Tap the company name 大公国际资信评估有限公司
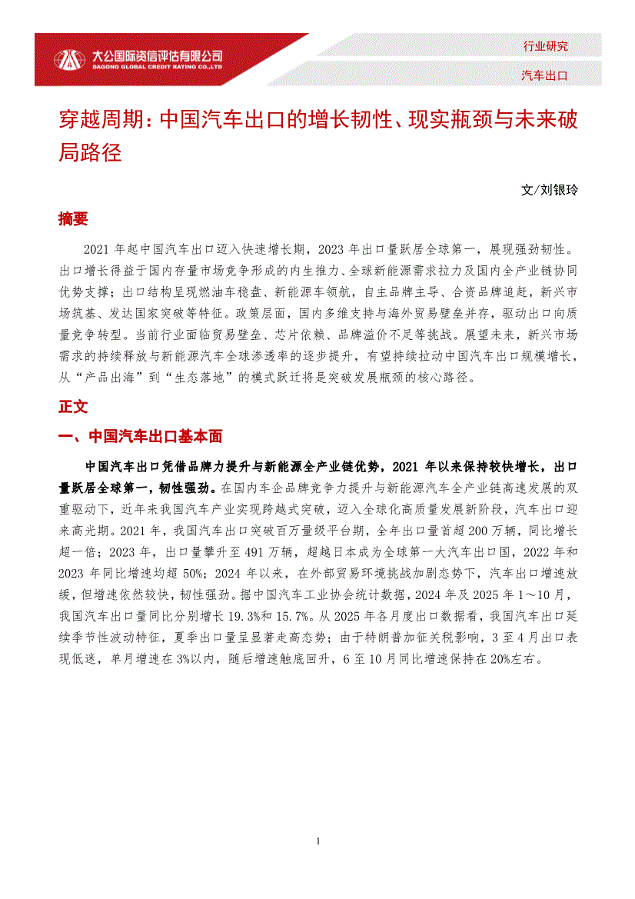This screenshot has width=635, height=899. pos(157,55)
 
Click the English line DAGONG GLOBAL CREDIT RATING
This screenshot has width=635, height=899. pos(157,67)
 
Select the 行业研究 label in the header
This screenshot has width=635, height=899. pos(545,46)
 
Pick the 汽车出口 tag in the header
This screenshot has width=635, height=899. pos(545,75)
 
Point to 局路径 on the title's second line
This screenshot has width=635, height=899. pos(90,151)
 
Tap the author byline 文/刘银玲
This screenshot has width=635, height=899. pos(548,189)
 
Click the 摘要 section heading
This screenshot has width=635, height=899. pos(74,219)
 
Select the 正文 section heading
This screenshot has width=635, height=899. pos(74,406)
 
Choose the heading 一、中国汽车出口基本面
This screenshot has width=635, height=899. pos(141,437)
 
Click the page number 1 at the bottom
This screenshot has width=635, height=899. pos(317,841)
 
